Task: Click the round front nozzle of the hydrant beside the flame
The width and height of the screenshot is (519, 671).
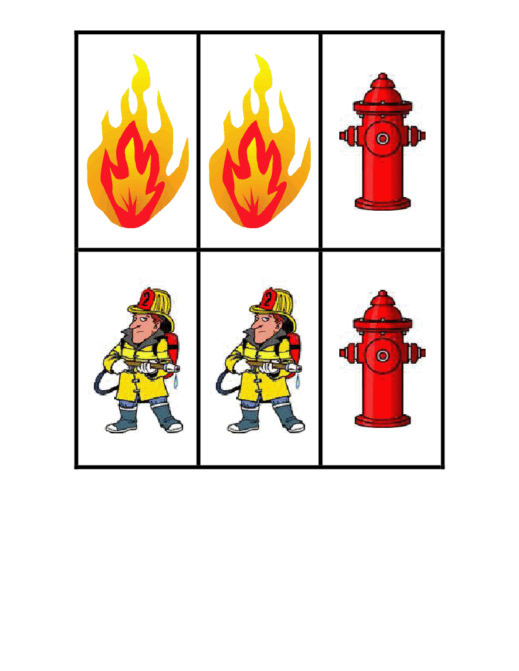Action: [383, 138]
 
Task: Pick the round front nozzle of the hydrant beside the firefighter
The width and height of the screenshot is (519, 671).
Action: [383, 355]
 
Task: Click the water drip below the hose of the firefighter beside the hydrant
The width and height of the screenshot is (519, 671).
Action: [298, 383]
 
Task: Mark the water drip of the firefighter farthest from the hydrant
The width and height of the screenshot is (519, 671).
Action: [176, 383]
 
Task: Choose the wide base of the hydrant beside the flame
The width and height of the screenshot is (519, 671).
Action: [383, 204]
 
